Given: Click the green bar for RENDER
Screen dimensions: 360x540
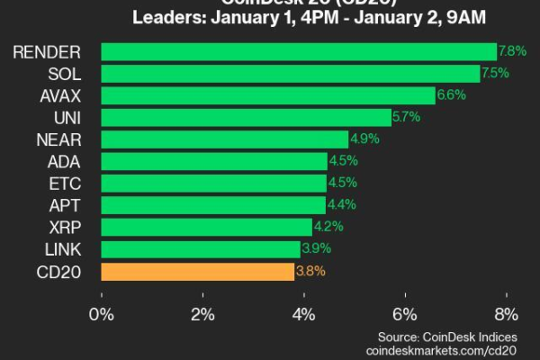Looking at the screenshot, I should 299,51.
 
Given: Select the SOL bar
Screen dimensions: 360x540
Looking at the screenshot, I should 291,74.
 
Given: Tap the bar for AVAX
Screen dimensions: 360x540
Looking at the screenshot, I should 268,95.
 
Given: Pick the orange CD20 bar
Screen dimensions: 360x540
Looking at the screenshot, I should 198,271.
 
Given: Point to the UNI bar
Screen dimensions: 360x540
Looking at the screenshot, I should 246,117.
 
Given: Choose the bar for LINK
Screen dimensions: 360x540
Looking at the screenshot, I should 201,249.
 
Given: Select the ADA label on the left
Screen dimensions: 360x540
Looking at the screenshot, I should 70,161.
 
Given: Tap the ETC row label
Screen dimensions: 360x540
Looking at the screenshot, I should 70,184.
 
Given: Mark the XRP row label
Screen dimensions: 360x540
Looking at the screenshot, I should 70,227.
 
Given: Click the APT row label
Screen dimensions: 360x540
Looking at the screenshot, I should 70,205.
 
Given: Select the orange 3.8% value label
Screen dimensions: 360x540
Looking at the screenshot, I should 311,271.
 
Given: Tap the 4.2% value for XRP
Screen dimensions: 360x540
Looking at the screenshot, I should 330,227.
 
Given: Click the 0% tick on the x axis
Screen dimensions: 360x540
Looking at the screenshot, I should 102,314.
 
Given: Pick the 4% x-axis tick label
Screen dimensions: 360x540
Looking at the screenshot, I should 304,314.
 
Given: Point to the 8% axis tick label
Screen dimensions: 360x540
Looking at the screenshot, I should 507,314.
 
